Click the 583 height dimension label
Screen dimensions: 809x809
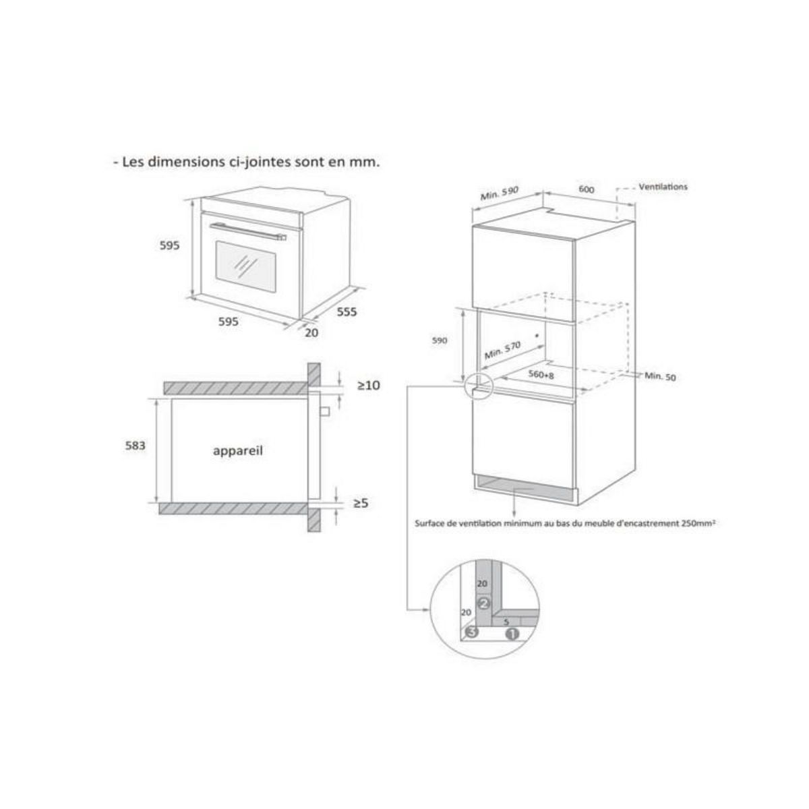[136, 446]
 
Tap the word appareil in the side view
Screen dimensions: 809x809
[237, 451]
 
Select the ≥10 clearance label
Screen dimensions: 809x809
[369, 386]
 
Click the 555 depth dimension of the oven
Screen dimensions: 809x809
[347, 311]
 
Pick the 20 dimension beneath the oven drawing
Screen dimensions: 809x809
[311, 332]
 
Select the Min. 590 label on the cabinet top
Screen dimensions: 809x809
[499, 193]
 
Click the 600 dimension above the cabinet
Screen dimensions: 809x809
[587, 189]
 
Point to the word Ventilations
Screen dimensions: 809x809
[663, 187]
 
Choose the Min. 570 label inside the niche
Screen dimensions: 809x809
[503, 349]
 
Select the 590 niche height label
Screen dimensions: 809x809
[440, 341]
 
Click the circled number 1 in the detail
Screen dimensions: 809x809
[511, 634]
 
